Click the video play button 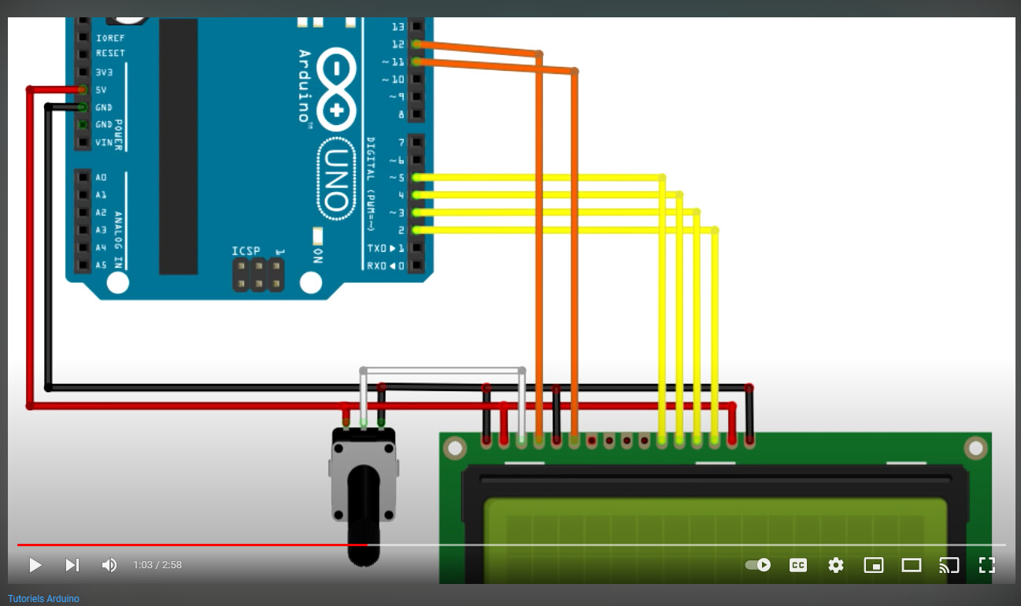[x=35, y=565]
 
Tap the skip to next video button [x=72, y=565]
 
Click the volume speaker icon [x=109, y=565]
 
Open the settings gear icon [x=835, y=565]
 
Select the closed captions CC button [x=798, y=565]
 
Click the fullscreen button [x=987, y=565]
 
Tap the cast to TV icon [x=949, y=565]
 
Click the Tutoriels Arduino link [x=43, y=599]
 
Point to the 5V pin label [x=101, y=90]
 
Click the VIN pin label [x=103, y=142]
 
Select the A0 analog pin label [x=101, y=177]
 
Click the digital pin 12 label [x=398, y=44]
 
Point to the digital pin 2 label [x=401, y=230]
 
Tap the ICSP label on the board [x=246, y=251]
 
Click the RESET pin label [x=110, y=54]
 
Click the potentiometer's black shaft [x=364, y=512]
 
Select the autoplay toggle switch [x=758, y=565]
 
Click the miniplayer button [x=874, y=565]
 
